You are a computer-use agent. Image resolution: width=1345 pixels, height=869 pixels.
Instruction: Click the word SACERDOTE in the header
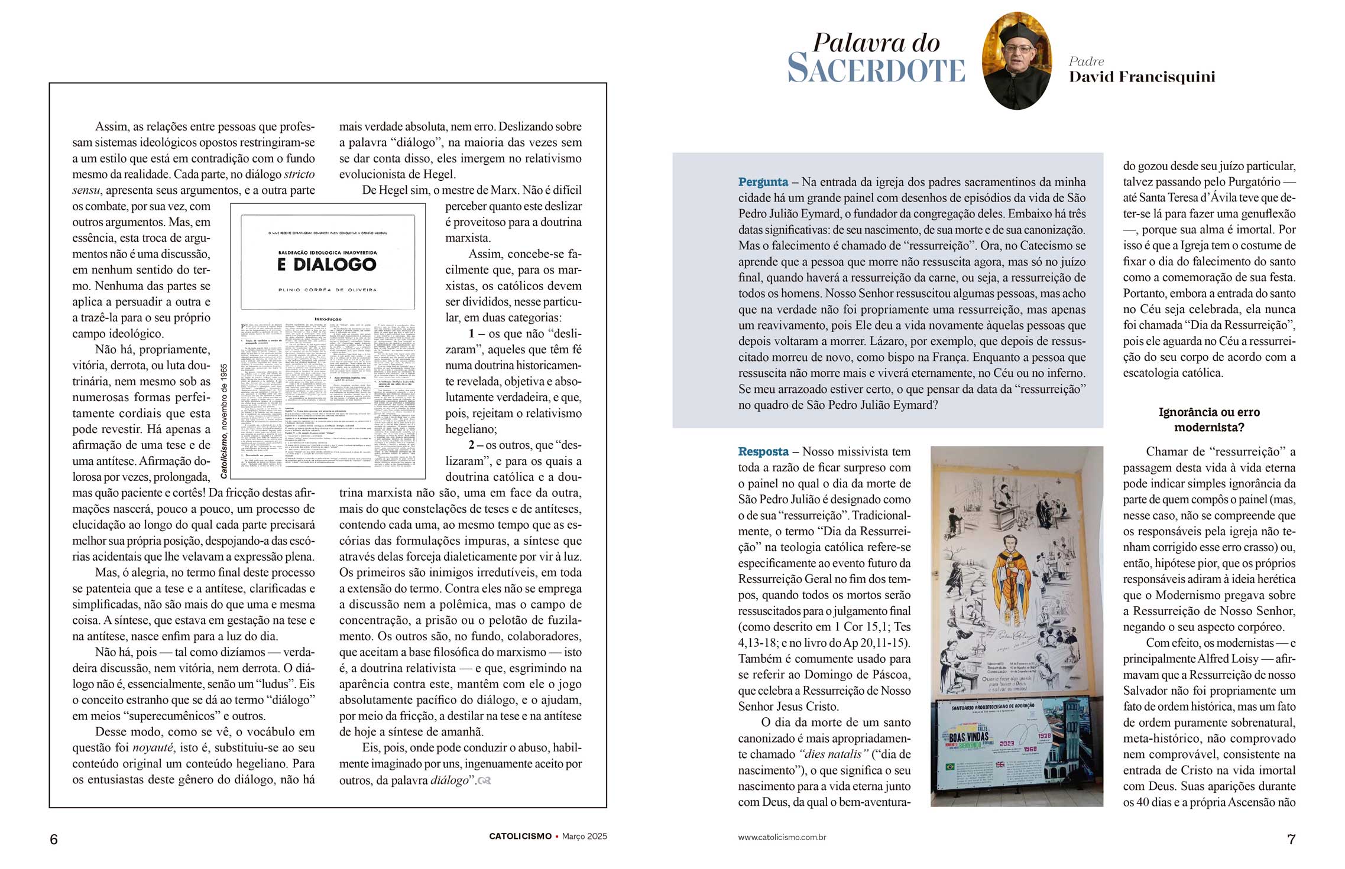tap(876, 69)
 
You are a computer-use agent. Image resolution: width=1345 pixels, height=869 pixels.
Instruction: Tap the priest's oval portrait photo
tap(1016, 61)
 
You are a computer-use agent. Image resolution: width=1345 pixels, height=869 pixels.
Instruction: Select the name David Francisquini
tap(1142, 77)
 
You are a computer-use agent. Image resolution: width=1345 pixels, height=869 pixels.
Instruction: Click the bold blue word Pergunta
tap(763, 182)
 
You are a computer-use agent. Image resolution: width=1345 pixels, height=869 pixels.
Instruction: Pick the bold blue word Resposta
tap(763, 452)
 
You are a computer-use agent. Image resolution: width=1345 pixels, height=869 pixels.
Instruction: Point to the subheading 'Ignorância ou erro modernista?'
tap(1209, 419)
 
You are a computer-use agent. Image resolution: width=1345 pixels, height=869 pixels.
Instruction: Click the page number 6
tap(54, 839)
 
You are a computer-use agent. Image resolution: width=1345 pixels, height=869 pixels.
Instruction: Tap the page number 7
tap(1291, 839)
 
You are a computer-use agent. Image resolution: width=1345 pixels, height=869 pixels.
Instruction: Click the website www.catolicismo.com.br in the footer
tap(782, 837)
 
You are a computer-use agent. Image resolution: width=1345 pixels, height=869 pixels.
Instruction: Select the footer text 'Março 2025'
tap(584, 837)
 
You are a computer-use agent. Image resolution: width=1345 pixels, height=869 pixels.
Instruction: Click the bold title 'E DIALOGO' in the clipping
tap(327, 265)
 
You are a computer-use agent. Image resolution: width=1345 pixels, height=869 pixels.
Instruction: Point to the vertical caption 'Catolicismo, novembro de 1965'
tap(224, 421)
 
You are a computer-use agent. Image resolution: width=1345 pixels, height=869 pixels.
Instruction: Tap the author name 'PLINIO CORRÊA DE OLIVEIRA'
tap(327, 290)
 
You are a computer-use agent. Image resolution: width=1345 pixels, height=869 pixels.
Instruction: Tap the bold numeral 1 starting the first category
tap(472, 334)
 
